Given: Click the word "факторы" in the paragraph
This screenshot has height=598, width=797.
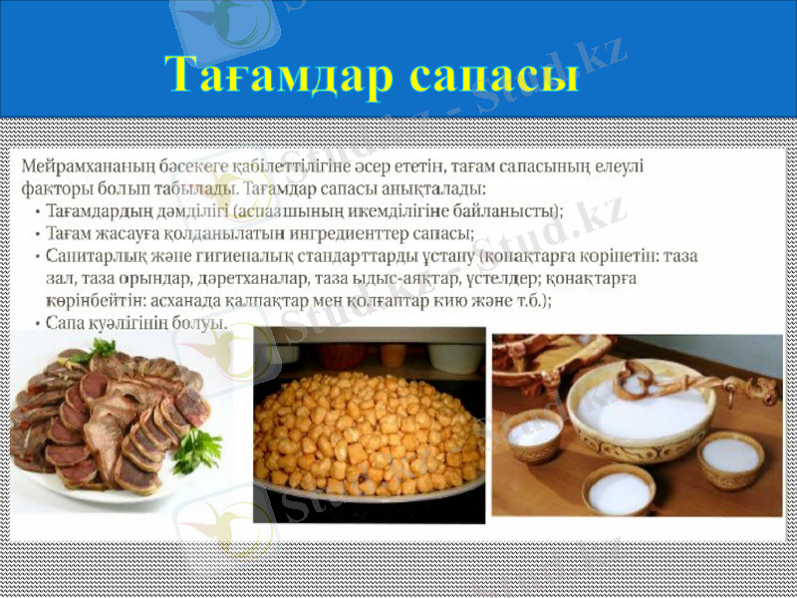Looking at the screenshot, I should click(55, 187).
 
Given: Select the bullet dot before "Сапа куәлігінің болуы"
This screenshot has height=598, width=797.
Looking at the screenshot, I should click(37, 323).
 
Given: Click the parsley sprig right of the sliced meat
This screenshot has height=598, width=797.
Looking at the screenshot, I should click(195, 449).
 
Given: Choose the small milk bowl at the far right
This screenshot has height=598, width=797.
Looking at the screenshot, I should click(731, 459).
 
